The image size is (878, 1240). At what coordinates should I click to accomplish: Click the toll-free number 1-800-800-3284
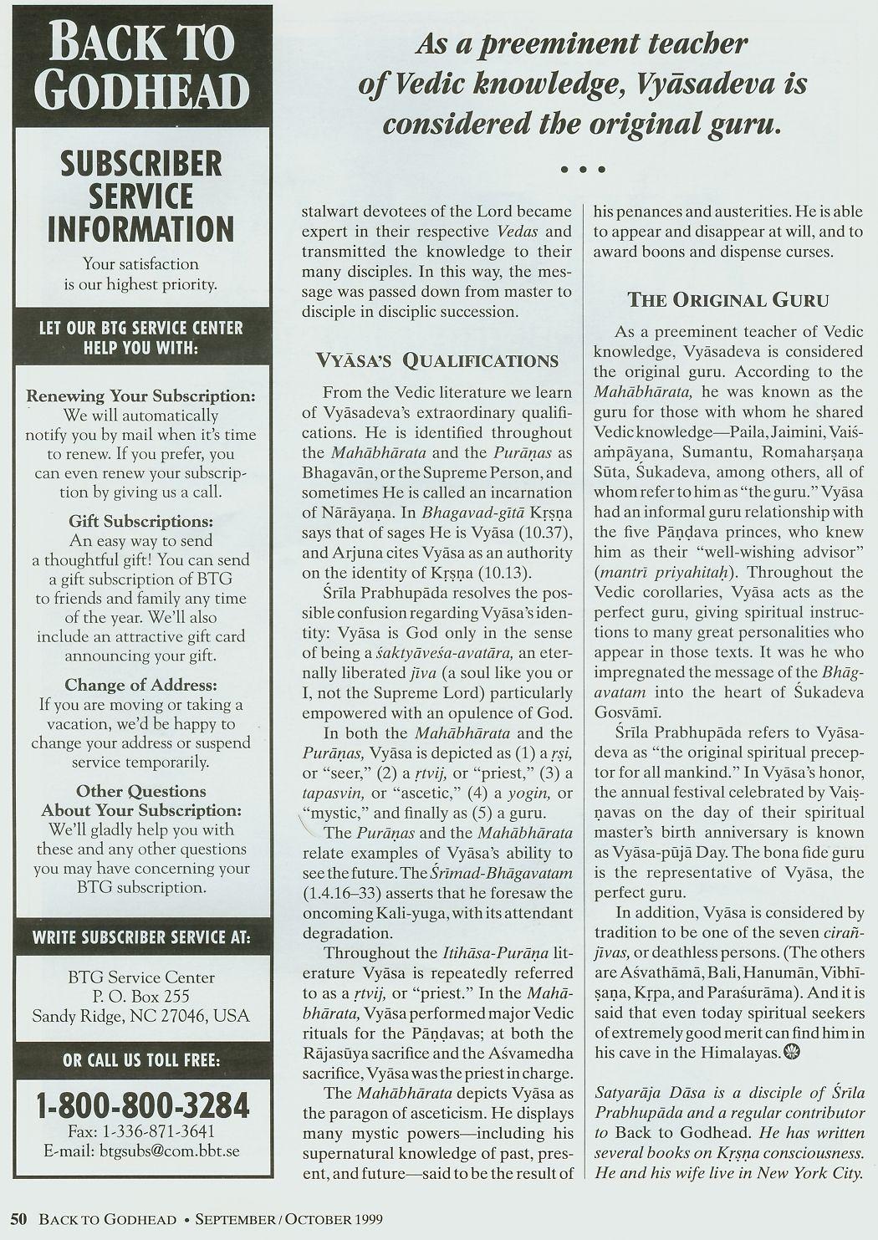(142, 1105)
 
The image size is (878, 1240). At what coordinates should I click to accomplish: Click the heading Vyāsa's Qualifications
(436, 360)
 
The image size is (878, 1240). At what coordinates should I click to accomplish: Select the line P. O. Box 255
(141, 996)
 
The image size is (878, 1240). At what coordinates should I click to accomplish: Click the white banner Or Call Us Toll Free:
(141, 1061)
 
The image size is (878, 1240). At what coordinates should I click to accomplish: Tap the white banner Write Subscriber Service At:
(141, 936)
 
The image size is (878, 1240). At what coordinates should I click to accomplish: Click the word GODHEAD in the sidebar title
(141, 90)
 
